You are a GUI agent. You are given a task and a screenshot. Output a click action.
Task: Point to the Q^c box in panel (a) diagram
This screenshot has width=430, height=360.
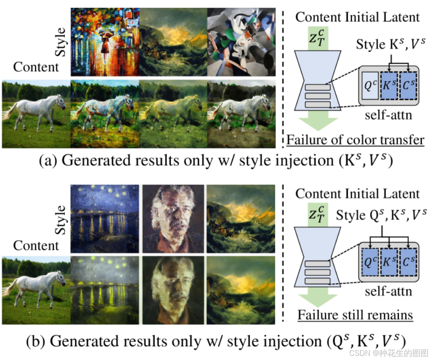pos(370,86)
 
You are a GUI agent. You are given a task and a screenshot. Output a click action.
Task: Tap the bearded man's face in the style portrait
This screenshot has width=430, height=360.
pos(173,216)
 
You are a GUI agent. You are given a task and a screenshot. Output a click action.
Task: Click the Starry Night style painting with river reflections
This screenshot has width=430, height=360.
pos(105,219)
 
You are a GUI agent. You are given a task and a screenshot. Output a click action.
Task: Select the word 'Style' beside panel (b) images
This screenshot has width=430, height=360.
pos(61,220)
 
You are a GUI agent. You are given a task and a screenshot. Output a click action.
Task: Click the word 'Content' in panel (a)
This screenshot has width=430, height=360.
pos(36,67)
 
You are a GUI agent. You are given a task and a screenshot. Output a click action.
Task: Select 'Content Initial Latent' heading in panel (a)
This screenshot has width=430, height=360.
pos(357,17)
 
